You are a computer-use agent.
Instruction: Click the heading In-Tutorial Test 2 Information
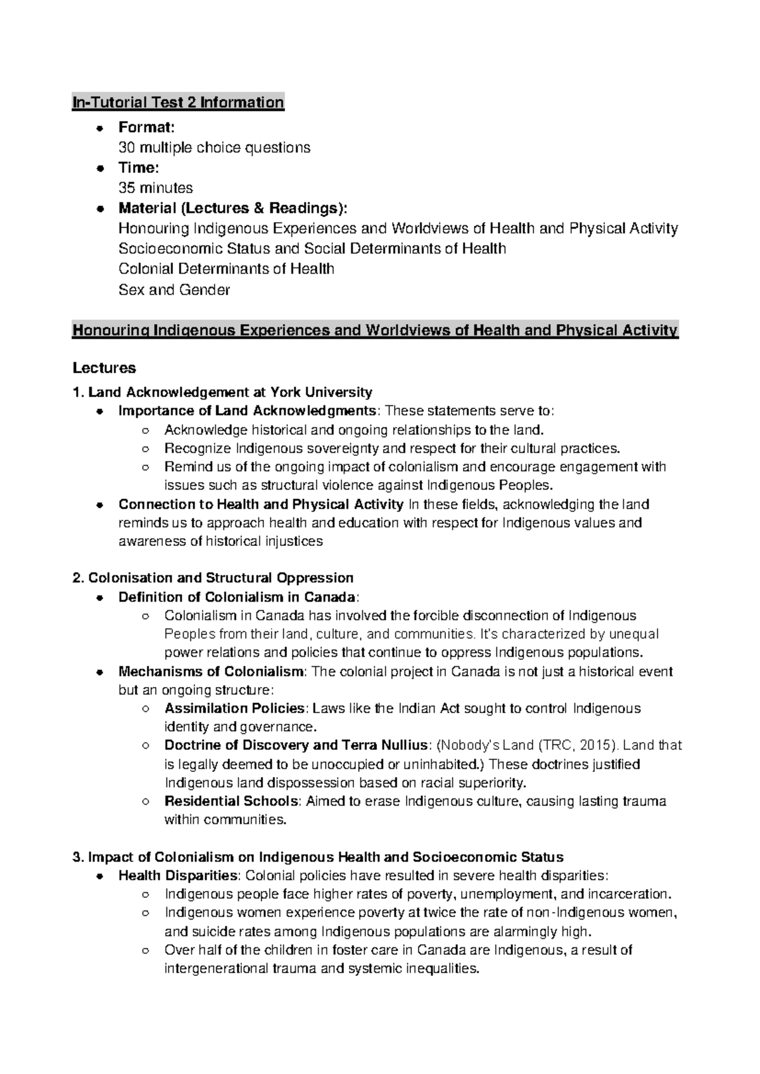coord(178,103)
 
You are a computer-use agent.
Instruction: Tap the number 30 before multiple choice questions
coord(127,148)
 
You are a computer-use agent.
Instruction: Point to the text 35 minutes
coord(156,188)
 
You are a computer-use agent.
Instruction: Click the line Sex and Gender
coord(174,290)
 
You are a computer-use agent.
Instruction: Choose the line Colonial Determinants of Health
coord(226,269)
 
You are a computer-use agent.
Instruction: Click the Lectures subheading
coord(104,368)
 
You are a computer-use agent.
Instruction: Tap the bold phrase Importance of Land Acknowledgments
coord(248,412)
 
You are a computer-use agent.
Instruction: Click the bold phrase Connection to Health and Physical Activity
coord(261,505)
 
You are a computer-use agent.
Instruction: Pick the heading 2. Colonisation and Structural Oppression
coord(213,578)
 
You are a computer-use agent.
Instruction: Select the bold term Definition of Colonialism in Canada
coord(237,597)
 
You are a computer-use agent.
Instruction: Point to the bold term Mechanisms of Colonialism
coord(212,672)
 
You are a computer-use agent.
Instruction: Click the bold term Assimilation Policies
coord(235,709)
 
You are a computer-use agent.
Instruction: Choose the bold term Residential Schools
coord(232,802)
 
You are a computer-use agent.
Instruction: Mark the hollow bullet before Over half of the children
coord(145,951)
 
